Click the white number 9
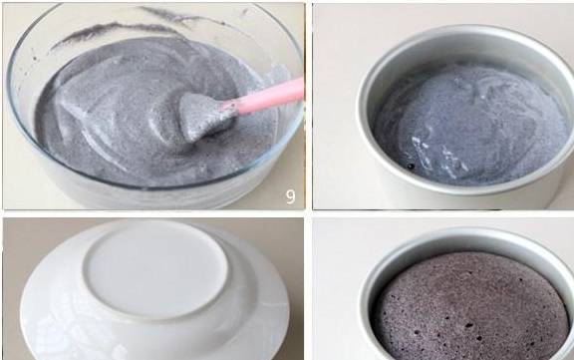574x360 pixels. click(290, 196)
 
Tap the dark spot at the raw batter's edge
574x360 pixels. click(412, 167)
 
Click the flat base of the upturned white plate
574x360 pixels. click(155, 269)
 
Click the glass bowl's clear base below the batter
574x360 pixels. click(153, 195)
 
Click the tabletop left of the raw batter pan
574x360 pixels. click(335, 110)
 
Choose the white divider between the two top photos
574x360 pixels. click(309, 107)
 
